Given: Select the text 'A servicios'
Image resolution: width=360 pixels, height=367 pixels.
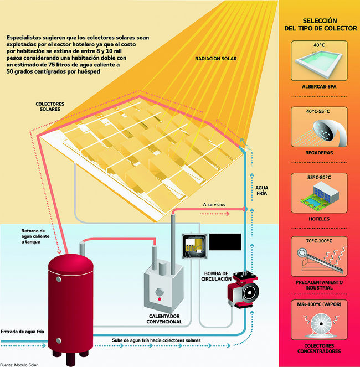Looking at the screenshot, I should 214,204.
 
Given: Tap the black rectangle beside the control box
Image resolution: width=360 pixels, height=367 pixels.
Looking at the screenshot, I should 225,241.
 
